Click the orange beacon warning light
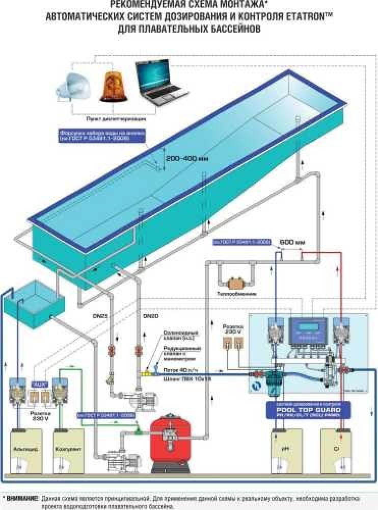coord(111,85)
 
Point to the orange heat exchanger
coord(235,282)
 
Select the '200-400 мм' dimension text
coord(187,158)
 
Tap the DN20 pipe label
coord(150,316)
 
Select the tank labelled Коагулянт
coord(67,452)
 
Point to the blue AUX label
coord(38,384)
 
